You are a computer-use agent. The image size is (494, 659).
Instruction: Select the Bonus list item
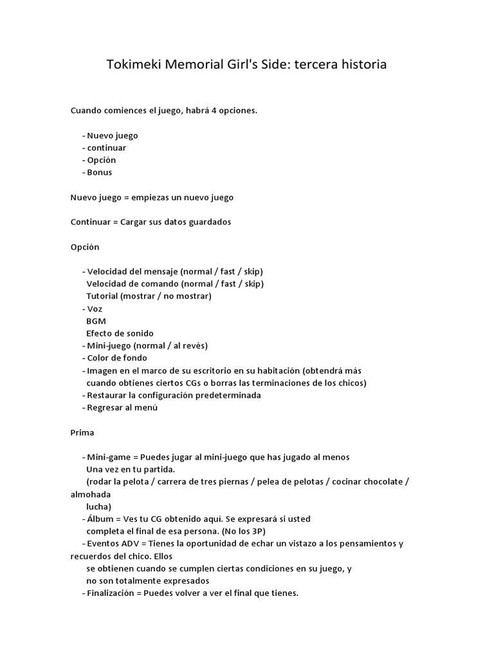(99, 172)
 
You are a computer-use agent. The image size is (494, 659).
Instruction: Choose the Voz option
(95, 309)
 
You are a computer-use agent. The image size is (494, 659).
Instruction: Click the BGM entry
(96, 321)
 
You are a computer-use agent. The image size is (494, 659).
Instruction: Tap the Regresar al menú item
(122, 407)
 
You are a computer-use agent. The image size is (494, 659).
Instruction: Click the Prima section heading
(82, 432)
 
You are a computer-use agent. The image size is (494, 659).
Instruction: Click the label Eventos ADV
(109, 544)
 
